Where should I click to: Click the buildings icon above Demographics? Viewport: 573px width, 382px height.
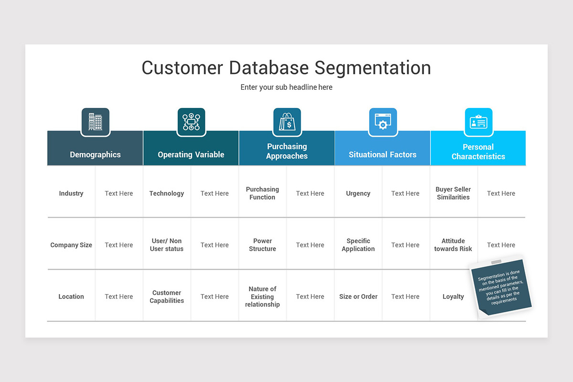point(95,122)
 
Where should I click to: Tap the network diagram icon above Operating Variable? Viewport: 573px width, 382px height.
point(191,122)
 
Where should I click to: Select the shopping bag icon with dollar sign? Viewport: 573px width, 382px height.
point(287,122)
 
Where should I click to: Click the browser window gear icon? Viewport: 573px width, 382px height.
point(382,122)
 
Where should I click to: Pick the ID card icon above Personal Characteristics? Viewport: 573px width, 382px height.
point(478,122)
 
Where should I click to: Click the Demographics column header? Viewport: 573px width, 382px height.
point(95,154)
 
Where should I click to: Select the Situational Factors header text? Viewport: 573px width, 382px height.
point(382,154)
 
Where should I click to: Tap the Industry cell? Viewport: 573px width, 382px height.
point(71,193)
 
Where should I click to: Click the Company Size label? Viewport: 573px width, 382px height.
point(71,245)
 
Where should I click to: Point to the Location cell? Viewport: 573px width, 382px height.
point(71,297)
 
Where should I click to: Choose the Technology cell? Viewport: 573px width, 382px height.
point(167,193)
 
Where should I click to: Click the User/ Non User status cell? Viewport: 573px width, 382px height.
point(167,245)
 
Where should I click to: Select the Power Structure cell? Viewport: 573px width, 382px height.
point(262,245)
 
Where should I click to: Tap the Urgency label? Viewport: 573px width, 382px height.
point(358,193)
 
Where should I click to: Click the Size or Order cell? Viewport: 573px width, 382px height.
point(358,297)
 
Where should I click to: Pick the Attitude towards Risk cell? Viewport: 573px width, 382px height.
point(453,245)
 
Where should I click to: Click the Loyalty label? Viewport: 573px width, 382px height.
point(453,297)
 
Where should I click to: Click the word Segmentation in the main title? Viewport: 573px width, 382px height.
point(372,68)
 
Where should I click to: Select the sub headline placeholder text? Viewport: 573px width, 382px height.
point(286,87)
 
